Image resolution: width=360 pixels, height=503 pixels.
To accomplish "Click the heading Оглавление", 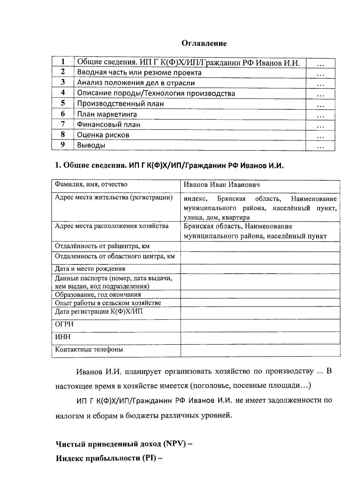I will click(x=204, y=43).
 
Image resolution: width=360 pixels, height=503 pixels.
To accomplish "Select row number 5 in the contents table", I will click(x=63, y=103).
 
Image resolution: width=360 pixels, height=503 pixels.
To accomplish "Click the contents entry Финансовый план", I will click(x=109, y=124).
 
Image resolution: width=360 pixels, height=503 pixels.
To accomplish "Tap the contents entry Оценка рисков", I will click(x=103, y=135).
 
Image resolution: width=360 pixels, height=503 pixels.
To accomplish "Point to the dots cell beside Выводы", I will click(x=320, y=146).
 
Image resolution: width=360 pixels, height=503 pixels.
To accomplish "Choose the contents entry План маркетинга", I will click(x=107, y=114).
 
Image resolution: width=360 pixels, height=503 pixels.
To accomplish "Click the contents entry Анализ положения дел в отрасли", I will click(x=136, y=83).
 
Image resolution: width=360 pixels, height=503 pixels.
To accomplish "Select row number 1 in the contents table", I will click(x=63, y=62).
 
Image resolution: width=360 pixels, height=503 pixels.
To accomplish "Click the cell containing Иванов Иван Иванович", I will click(x=222, y=185).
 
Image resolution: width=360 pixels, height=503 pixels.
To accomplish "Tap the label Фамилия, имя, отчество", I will click(x=91, y=184).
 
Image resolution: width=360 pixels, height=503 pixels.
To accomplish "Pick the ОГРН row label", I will click(x=64, y=324).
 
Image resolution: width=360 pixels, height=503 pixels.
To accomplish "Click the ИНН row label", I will click(x=63, y=337).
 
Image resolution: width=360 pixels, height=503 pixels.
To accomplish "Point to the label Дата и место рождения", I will click(x=90, y=269).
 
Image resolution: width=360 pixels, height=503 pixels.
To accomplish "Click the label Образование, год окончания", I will click(x=98, y=295).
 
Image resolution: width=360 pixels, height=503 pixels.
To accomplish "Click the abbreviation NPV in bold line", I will click(x=173, y=444).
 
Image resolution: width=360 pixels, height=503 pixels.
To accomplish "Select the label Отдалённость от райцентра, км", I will click(x=102, y=246).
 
